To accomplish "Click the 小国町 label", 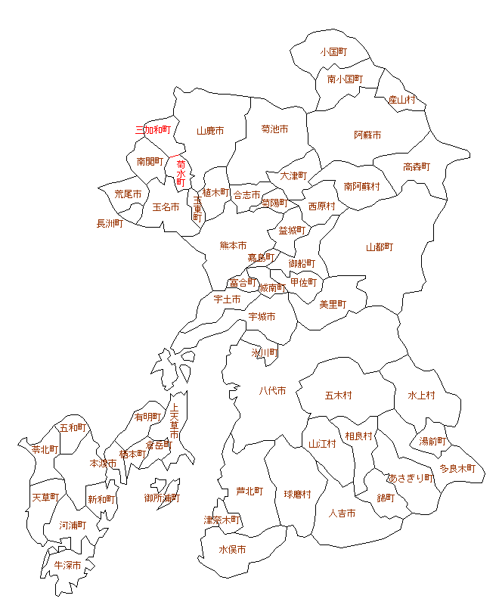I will point(333,52).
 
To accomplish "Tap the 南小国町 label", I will point(345,79).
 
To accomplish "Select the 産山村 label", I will point(401,99).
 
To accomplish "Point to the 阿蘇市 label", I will point(367,135).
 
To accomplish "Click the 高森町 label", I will point(416,166).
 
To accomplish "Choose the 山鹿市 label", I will point(210,130).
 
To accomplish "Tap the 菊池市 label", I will point(274,129).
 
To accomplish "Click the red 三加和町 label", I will point(153,130).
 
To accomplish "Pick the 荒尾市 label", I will point(128,194).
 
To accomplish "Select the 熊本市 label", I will point(233,245).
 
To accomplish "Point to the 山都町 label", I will point(380,247).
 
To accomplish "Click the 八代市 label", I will point(272,390).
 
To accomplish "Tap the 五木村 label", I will point(338,395).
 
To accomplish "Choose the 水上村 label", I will point(421,395).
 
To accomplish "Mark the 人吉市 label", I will point(342,513).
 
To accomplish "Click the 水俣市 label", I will point(232,550).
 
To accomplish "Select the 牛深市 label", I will point(67,564).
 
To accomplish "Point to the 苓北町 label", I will point(45,448).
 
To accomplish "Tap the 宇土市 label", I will point(227,299).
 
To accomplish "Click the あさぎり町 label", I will point(411,478).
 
